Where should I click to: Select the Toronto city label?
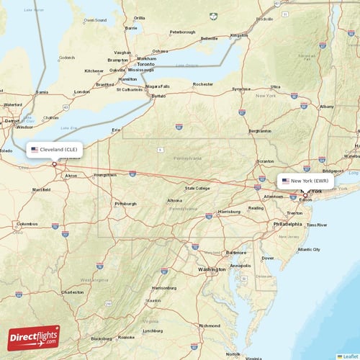point(146,64)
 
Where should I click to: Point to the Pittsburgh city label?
point(125,204)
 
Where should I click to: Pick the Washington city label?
point(212,269)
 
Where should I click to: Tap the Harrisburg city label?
point(230,212)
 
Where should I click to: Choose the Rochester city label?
point(203,84)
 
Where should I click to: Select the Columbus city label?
point(27,223)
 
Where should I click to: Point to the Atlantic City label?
point(309,249)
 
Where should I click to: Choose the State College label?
point(197,188)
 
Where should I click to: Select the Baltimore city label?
point(236,253)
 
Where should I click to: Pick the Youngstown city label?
point(104,175)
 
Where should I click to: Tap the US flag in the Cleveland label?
point(34,150)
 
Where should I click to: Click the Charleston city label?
point(72,292)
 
